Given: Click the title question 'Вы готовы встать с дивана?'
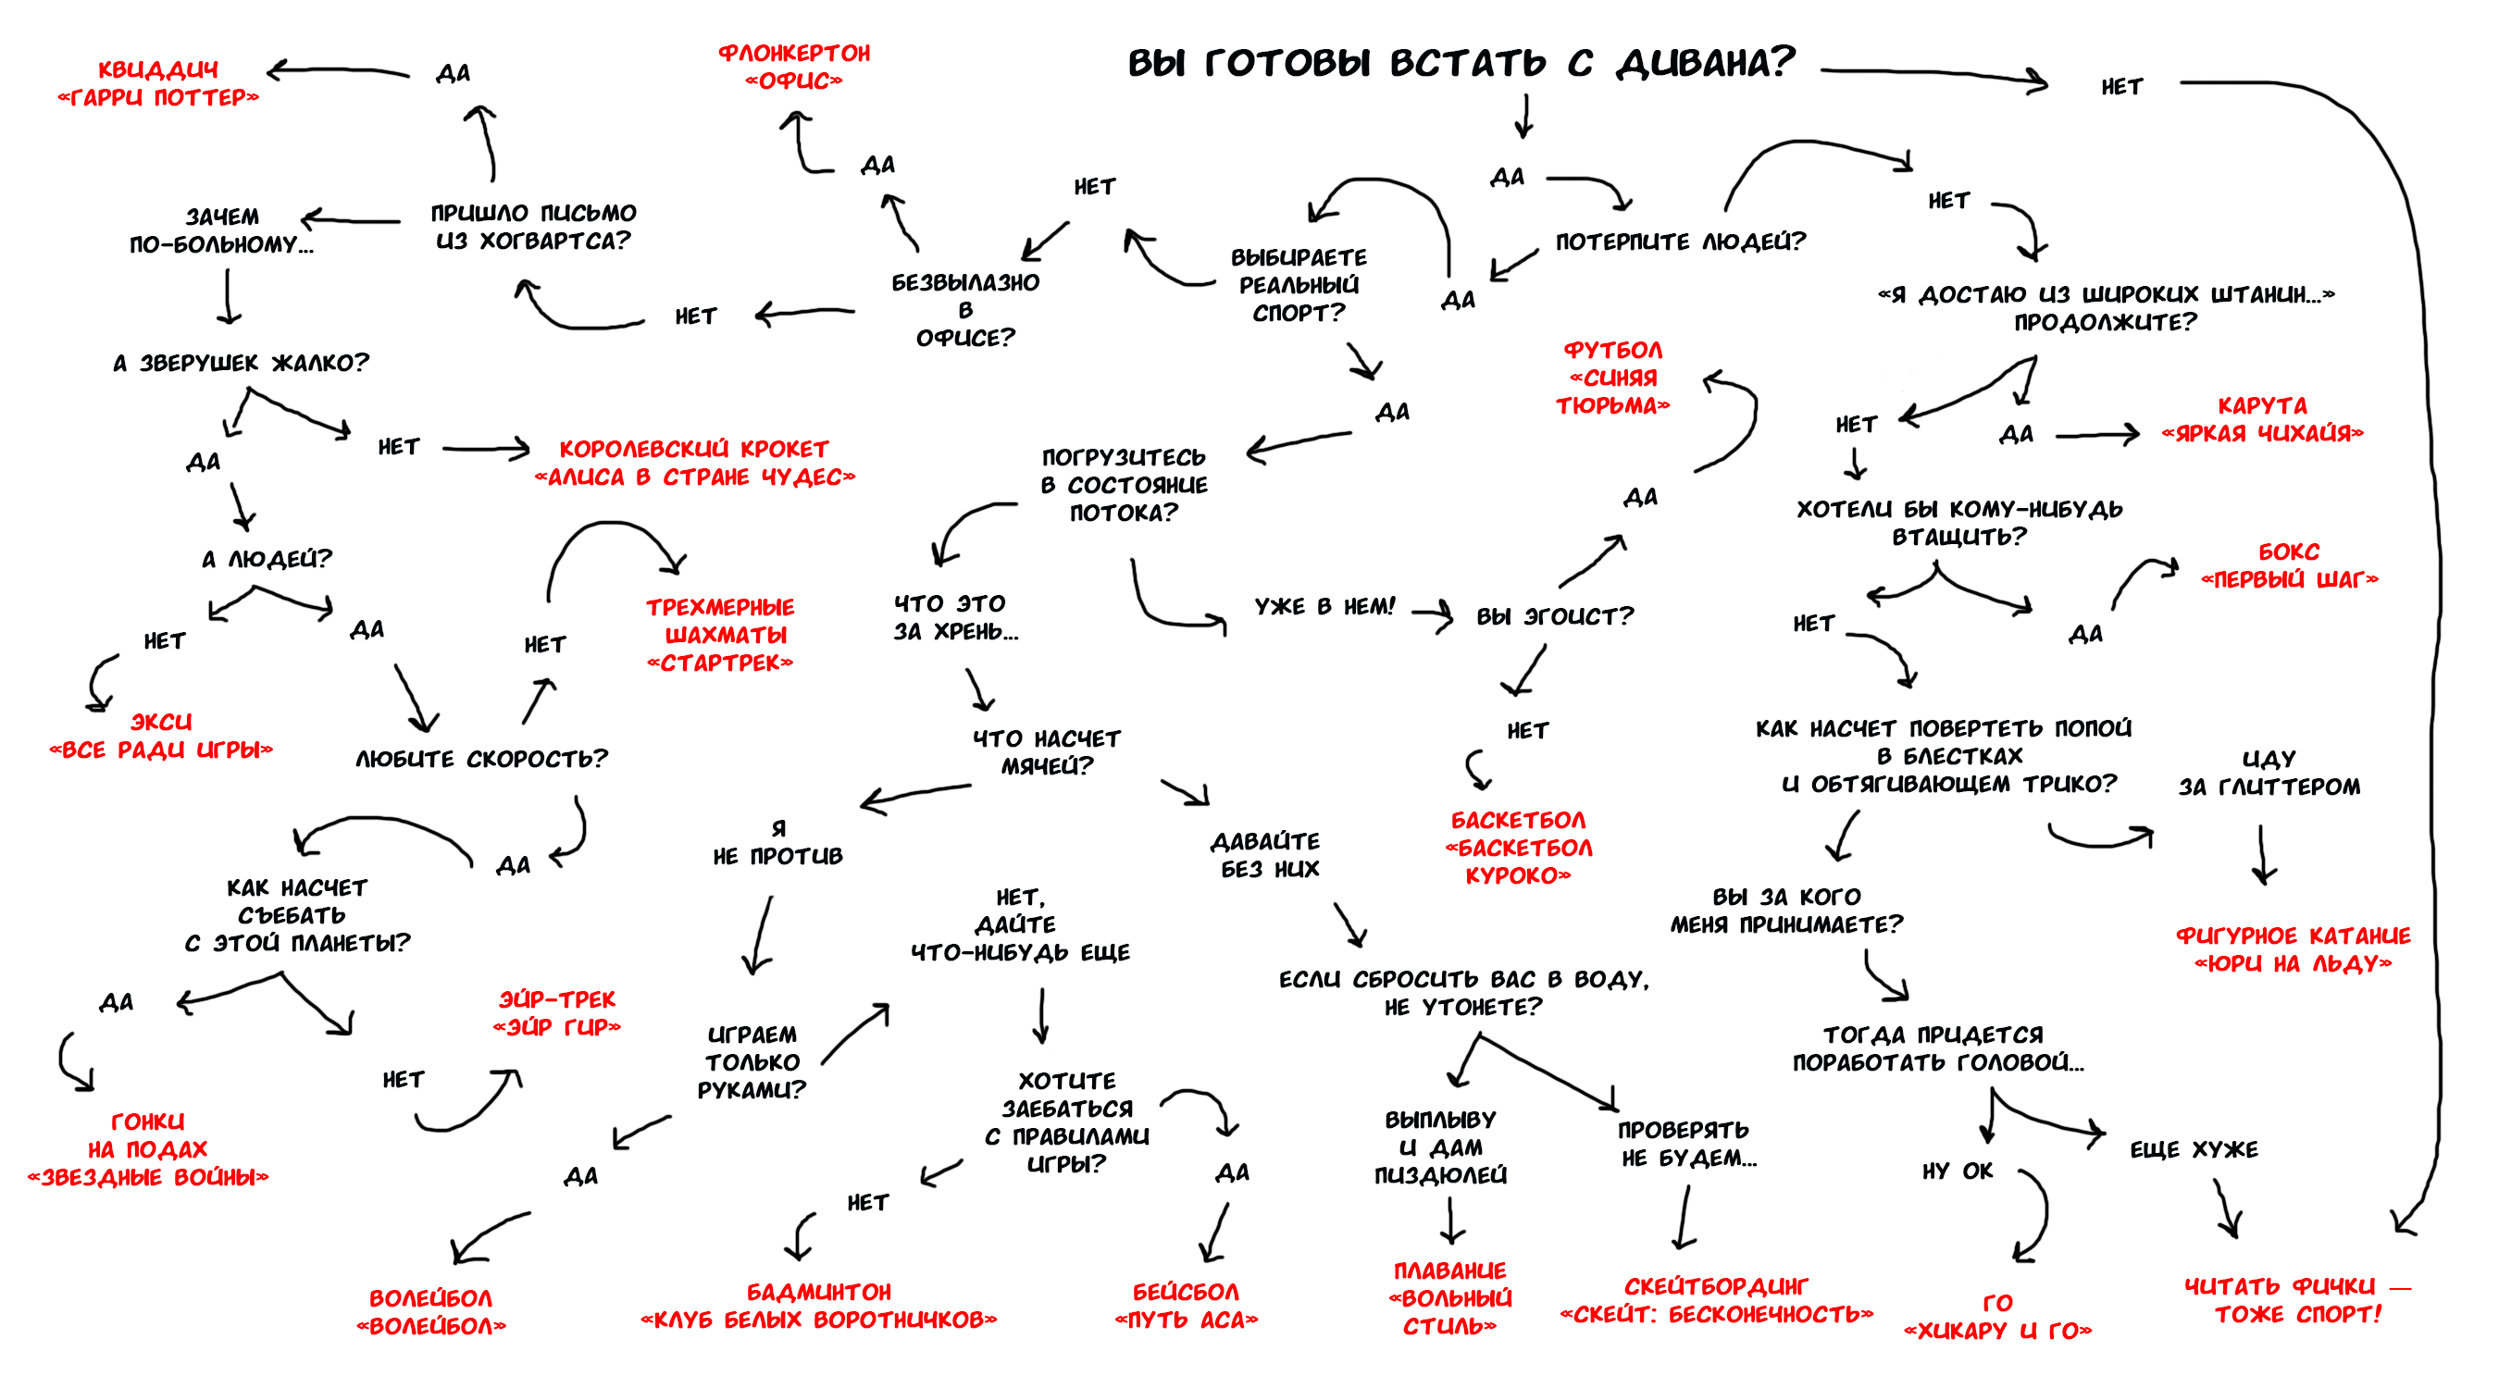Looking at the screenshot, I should click(x=1461, y=63).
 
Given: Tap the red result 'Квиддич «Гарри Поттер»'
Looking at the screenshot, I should click(x=158, y=83).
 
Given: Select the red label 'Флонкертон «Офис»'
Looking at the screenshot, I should click(x=793, y=67).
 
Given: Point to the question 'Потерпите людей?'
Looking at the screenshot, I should click(x=1680, y=242).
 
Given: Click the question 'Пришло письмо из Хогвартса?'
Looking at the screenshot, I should click(x=532, y=227).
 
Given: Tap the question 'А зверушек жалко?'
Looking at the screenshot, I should click(x=241, y=363).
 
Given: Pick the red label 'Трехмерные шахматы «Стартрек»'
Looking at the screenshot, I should click(x=720, y=636).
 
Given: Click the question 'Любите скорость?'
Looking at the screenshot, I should click(x=481, y=759).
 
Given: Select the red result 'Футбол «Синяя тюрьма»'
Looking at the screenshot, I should click(x=1612, y=378).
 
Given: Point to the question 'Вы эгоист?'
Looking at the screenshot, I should click(x=1554, y=617).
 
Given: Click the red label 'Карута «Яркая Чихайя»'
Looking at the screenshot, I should click(x=2261, y=419).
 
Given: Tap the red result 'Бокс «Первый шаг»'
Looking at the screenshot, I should click(x=2289, y=565).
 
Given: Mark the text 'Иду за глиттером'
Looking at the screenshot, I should click(x=2269, y=772).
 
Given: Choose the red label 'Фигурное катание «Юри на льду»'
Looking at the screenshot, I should click(x=2293, y=949).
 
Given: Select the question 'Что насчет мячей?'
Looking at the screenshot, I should click(x=1047, y=752).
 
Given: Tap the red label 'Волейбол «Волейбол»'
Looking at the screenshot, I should click(x=430, y=1312).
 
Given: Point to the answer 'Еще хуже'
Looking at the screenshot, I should click(x=2194, y=1150).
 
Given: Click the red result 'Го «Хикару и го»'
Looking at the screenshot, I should click(x=1997, y=1316).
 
